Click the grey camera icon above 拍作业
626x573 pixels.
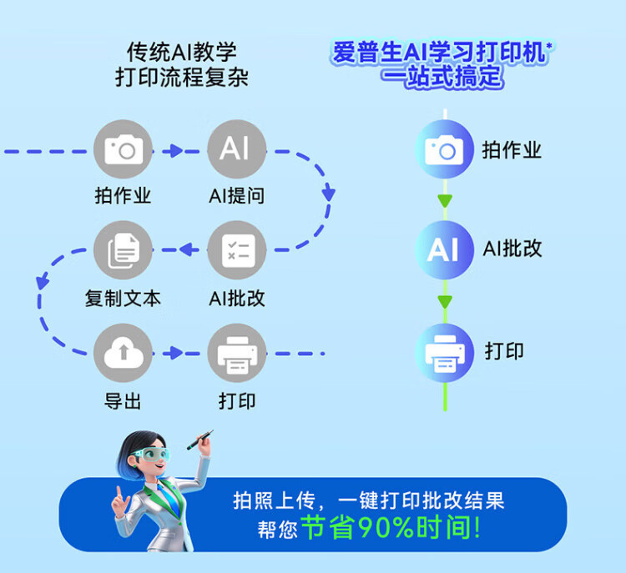tap(123, 149)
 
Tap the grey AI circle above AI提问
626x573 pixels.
tap(237, 149)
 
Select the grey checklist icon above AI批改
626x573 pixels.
tap(237, 250)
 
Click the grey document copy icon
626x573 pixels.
tap(123, 250)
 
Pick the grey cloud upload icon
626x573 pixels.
tap(123, 353)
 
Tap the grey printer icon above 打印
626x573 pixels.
tap(237, 353)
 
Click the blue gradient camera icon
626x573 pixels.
tap(445, 149)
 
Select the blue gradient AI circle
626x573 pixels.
tap(445, 250)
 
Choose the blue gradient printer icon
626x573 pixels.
tap(445, 353)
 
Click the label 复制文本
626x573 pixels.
tap(123, 298)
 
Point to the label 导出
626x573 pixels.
tap(123, 400)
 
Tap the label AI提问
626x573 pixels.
tap(237, 195)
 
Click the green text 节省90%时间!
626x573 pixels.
tap(391, 527)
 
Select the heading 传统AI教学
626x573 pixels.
tap(182, 52)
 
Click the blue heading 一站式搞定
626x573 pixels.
tap(442, 76)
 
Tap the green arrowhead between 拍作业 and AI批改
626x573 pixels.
tap(445, 201)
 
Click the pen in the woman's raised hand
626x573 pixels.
tap(199, 440)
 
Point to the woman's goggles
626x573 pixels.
tap(151, 454)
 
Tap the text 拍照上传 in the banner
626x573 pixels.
tap(275, 500)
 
